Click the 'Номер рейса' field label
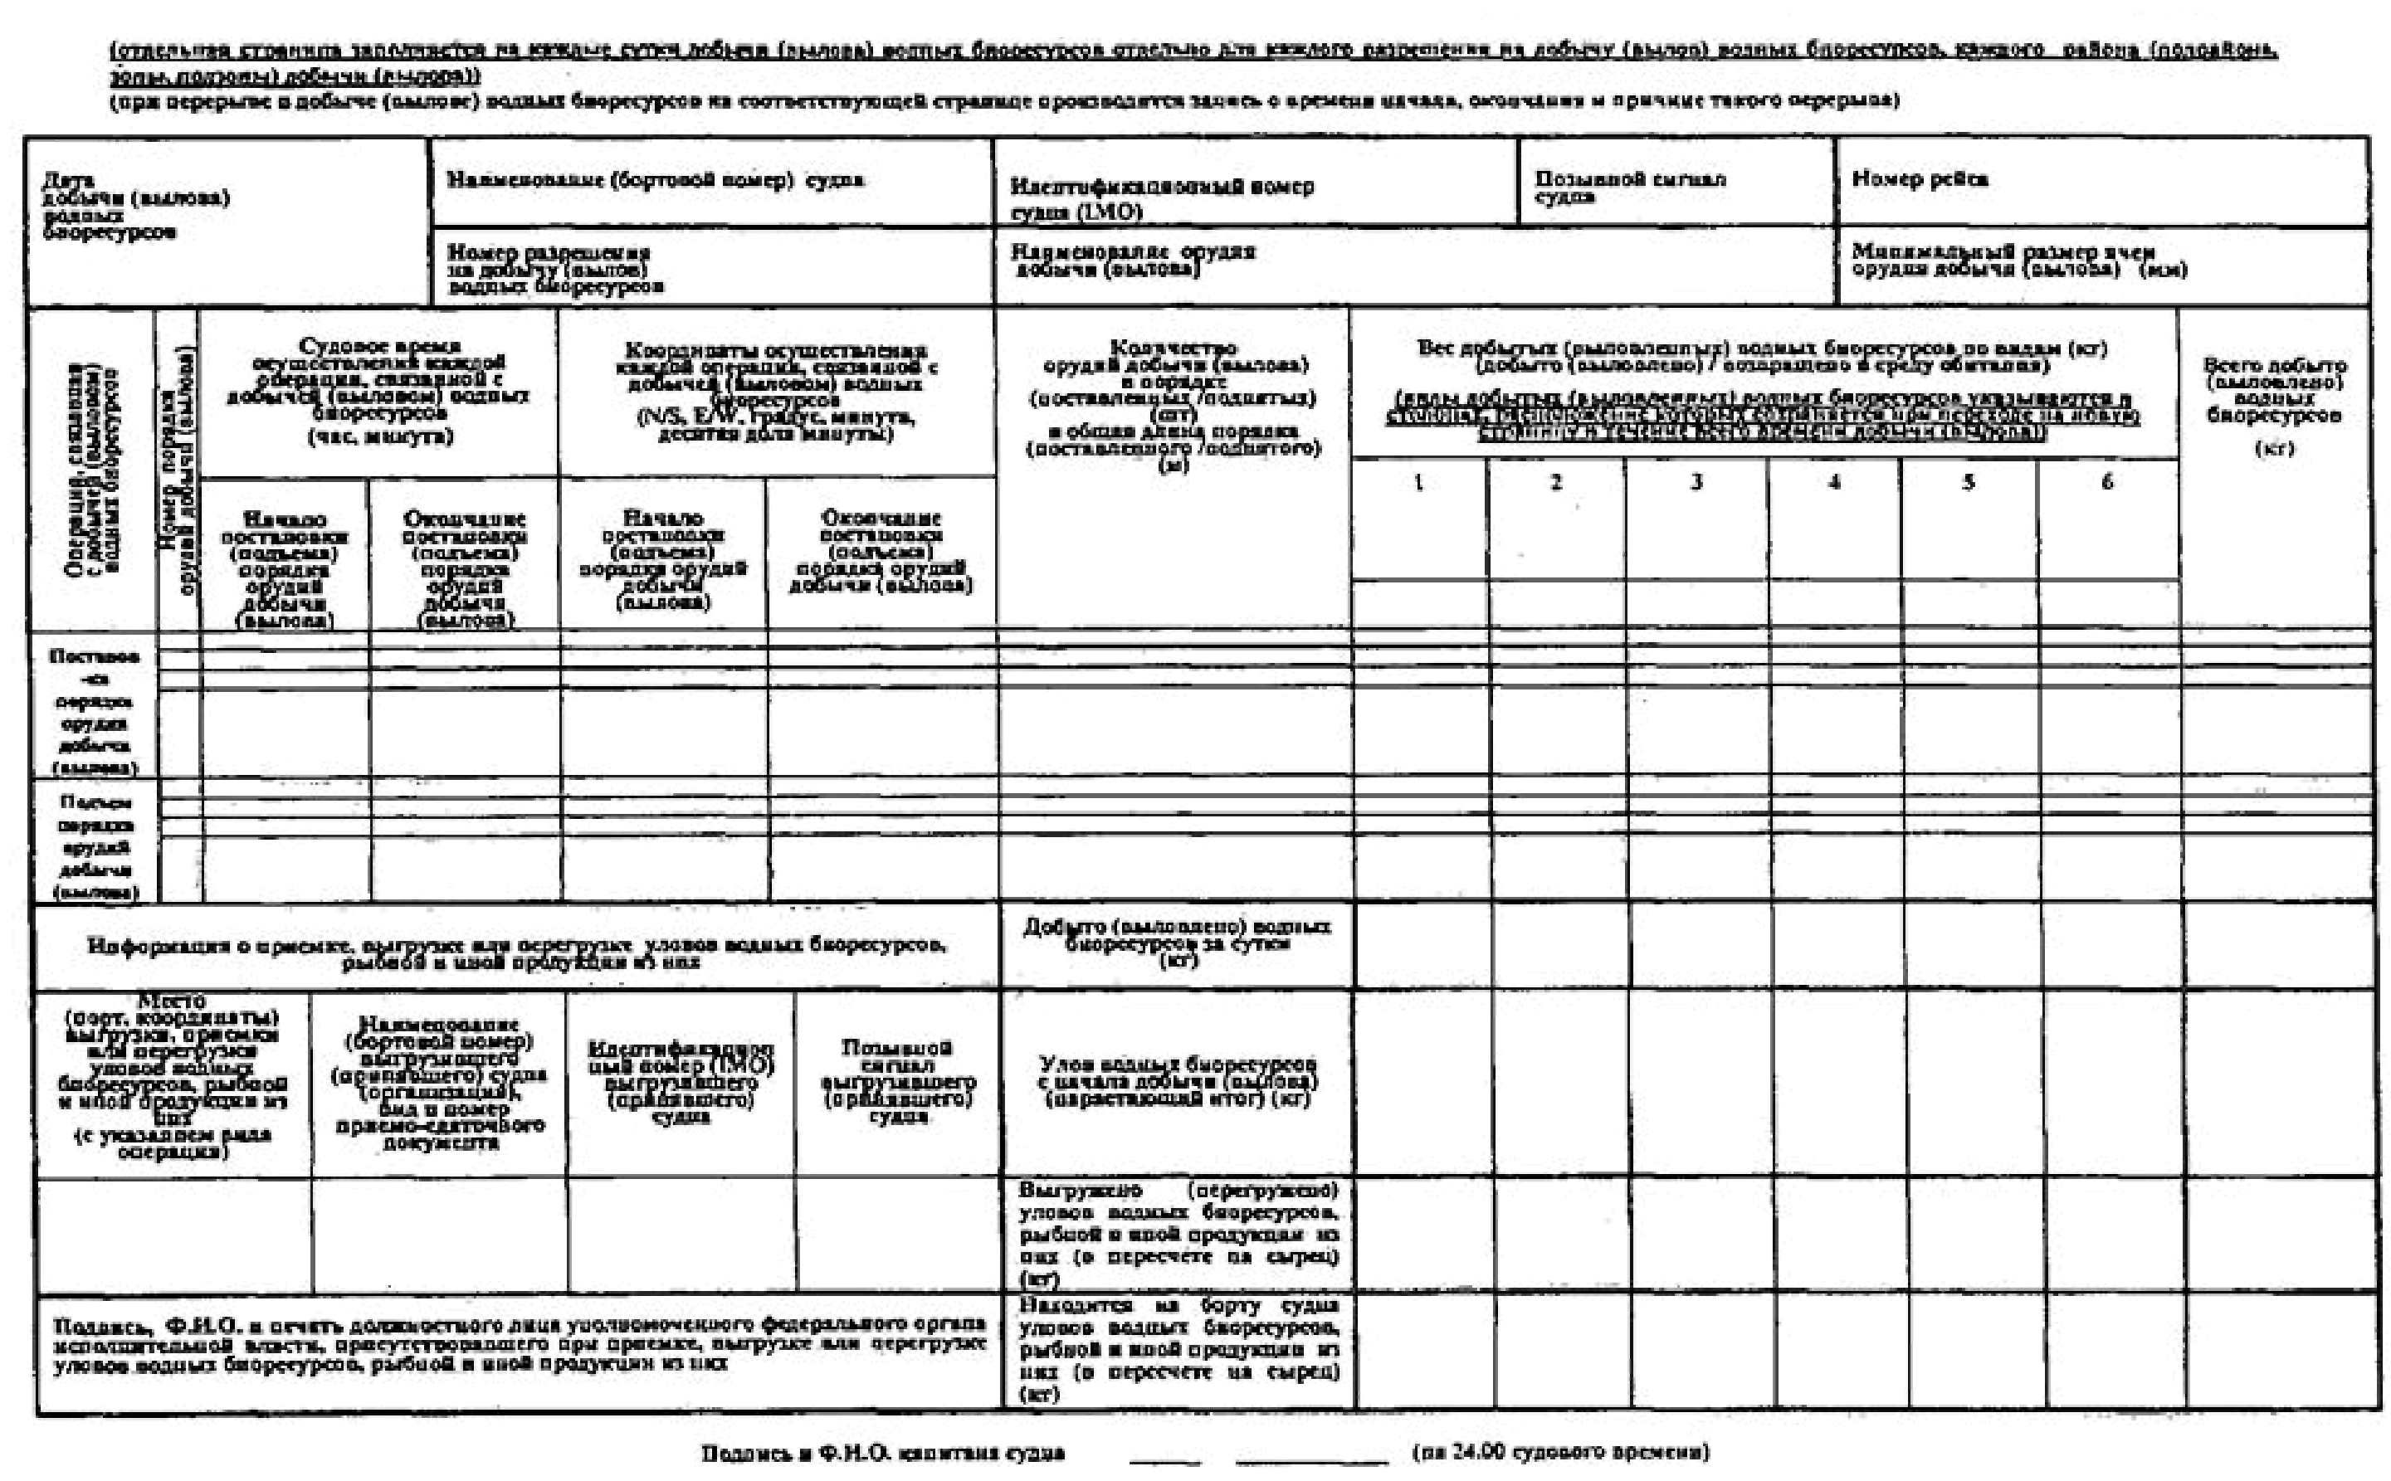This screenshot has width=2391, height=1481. [x=1919, y=179]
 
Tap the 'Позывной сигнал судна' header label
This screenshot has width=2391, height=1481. [x=1630, y=187]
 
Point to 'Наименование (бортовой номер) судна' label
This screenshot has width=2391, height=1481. [x=656, y=180]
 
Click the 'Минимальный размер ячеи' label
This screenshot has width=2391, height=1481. [x=2018, y=260]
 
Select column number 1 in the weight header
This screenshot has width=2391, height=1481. [x=1418, y=483]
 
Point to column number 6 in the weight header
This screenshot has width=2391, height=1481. [x=2107, y=482]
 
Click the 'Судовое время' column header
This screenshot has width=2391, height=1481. [x=379, y=392]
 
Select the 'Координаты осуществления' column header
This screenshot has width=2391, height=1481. [x=776, y=392]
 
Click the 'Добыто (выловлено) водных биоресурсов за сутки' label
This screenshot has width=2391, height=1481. [x=1176, y=943]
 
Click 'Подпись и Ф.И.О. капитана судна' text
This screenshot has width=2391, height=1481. [x=882, y=1453]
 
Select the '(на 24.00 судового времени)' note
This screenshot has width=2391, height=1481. [x=1560, y=1452]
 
